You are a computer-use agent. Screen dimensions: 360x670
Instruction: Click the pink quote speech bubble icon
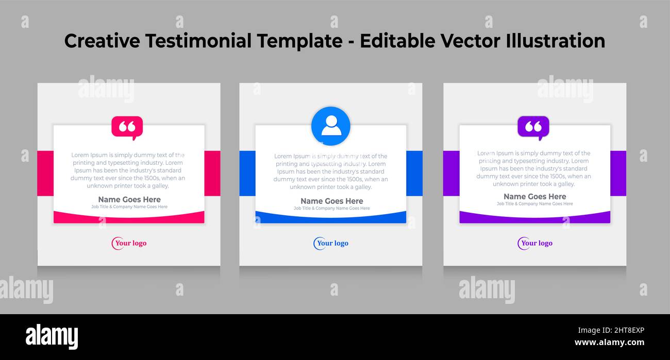pyautogui.click(x=127, y=127)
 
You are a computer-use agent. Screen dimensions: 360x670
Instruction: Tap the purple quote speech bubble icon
pyautogui.click(x=533, y=127)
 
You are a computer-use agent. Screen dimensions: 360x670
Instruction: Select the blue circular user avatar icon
pyautogui.click(x=331, y=126)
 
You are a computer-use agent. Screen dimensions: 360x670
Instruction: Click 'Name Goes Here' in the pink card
pyautogui.click(x=129, y=199)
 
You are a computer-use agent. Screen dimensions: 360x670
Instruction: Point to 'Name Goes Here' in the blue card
pyautogui.click(x=332, y=201)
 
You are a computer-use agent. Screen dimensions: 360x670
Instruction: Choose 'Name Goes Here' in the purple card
pyautogui.click(x=534, y=196)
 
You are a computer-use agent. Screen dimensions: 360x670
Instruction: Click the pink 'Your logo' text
pyautogui.click(x=130, y=243)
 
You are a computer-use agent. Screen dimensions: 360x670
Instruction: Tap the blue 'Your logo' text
pyautogui.click(x=332, y=243)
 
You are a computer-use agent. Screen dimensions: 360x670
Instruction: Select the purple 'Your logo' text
pyautogui.click(x=537, y=243)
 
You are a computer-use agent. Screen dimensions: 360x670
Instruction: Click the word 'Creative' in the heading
pyautogui.click(x=102, y=41)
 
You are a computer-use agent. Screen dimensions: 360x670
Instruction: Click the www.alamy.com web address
pyautogui.click(x=609, y=342)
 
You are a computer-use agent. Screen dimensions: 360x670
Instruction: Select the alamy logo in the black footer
pyautogui.click(x=52, y=337)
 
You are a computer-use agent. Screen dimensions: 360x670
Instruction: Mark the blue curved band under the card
pyautogui.click(x=331, y=219)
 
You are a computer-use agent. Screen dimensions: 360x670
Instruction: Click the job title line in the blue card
pyautogui.click(x=332, y=209)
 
